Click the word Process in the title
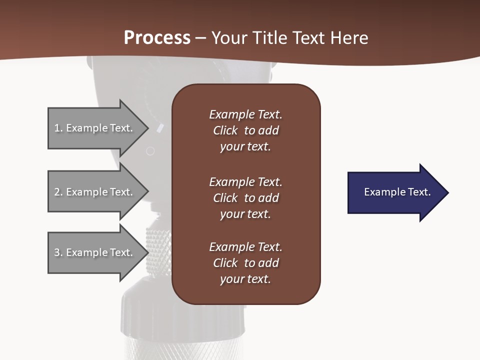click(x=157, y=38)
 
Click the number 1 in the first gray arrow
click(x=57, y=128)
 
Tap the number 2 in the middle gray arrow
click(x=57, y=192)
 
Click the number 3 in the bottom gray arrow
click(x=57, y=252)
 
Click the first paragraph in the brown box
click(x=245, y=130)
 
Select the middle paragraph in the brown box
click(x=245, y=198)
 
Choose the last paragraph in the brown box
click(x=245, y=263)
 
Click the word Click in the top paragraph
click(x=225, y=130)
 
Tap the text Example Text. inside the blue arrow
click(x=397, y=192)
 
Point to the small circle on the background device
click(x=150, y=150)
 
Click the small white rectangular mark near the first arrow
click(x=160, y=128)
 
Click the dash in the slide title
click(x=201, y=38)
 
